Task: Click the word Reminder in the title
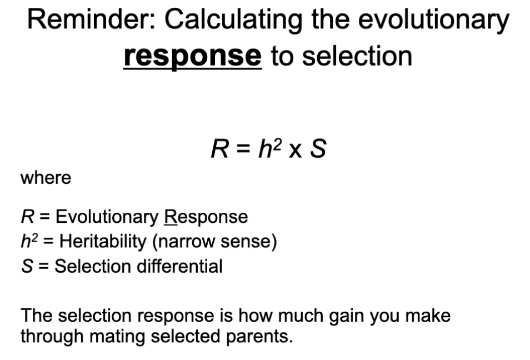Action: tap(91, 21)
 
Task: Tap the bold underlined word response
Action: tap(192, 56)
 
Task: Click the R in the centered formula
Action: tap(218, 149)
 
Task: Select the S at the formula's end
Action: tap(317, 149)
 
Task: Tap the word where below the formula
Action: tap(46, 178)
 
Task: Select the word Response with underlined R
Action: tap(206, 217)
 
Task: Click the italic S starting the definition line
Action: tap(26, 266)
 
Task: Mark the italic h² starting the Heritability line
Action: tap(29, 241)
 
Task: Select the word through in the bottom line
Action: tap(45, 336)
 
